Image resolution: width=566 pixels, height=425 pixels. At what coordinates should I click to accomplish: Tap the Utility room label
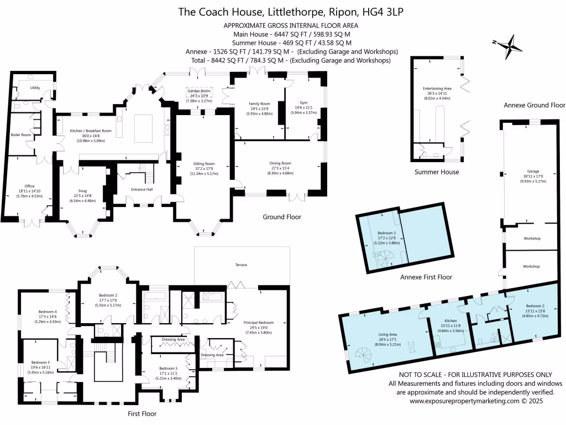click(35, 88)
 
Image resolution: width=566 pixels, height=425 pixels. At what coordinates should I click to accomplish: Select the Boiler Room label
click(22, 134)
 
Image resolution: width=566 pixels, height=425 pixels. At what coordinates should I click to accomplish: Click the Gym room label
click(303, 103)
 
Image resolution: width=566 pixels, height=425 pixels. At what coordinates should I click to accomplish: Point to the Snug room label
click(82, 191)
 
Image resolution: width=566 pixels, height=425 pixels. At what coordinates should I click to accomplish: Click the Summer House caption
click(437, 172)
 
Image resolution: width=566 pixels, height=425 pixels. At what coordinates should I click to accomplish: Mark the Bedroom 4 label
click(48, 312)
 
